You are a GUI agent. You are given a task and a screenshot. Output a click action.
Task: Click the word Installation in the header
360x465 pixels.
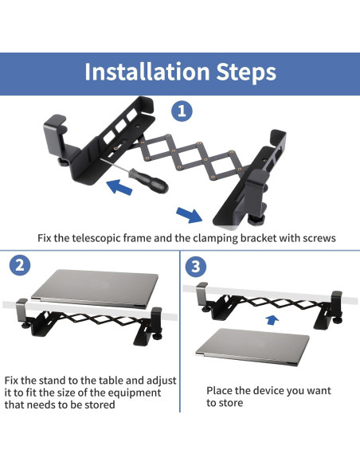147,72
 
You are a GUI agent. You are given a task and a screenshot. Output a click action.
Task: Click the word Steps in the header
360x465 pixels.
246,72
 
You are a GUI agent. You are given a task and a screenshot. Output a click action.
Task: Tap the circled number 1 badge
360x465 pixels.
182,111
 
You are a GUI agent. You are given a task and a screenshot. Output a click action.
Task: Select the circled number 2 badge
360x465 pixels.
20,265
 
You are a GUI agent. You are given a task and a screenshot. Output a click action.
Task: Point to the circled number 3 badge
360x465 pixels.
196,266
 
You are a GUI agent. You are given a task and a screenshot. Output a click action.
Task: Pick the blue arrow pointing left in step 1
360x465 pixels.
119,187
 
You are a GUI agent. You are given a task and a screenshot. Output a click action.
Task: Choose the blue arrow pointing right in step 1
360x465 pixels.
190,215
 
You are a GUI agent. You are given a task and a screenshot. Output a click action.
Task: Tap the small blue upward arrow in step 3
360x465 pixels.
272,320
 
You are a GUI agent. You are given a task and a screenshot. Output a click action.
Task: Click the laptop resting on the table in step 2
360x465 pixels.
95,288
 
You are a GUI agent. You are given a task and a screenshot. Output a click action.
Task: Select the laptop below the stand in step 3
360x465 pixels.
252,346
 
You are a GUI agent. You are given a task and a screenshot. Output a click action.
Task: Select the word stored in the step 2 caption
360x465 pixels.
100,404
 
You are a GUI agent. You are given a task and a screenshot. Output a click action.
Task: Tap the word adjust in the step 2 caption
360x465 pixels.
162,381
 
